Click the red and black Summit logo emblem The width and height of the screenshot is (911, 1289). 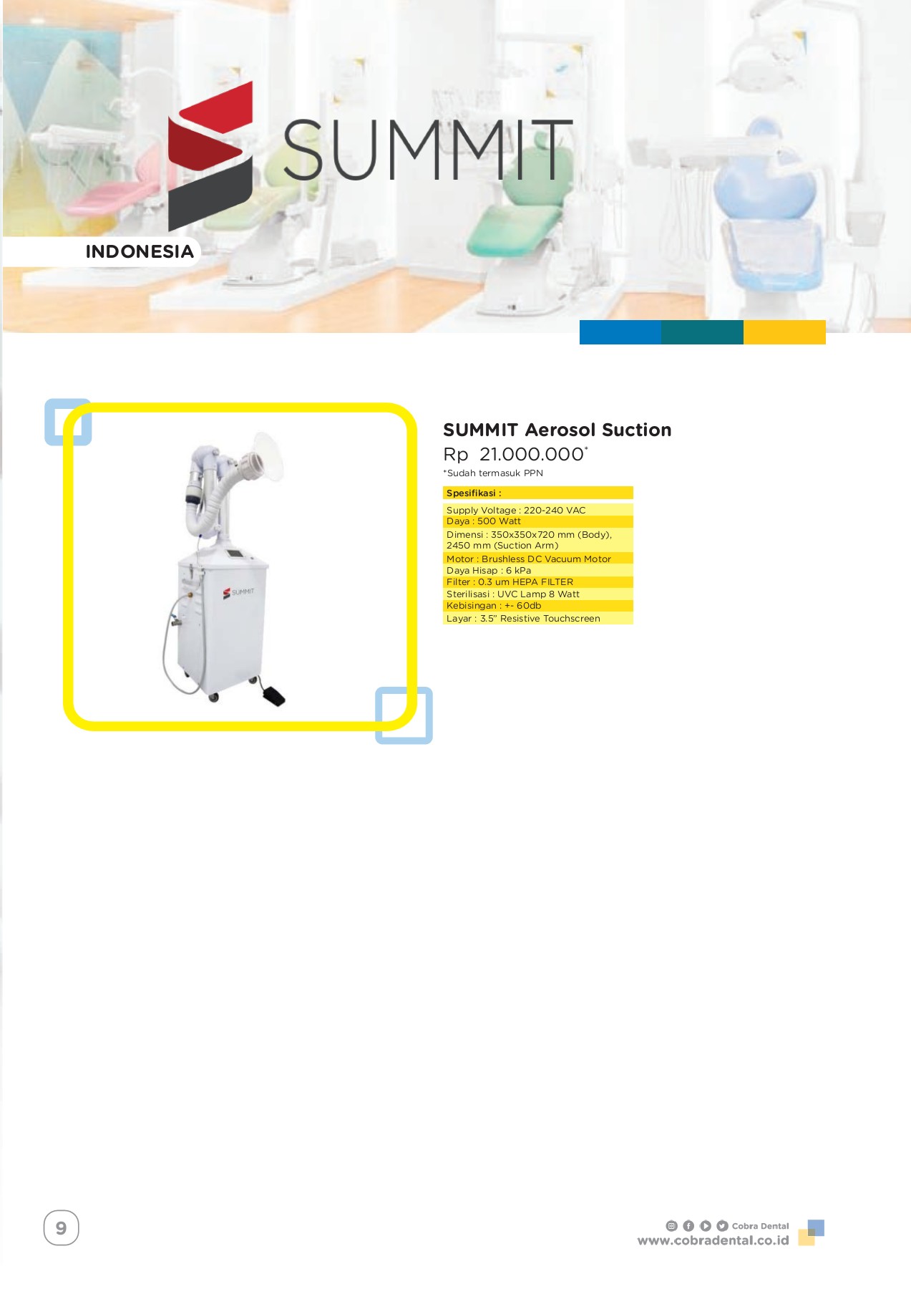pyautogui.click(x=210, y=157)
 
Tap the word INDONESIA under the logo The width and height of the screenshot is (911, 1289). pyautogui.click(x=140, y=251)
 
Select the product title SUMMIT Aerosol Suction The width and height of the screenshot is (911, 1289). pyautogui.click(x=557, y=430)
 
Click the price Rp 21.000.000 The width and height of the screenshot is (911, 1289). pyautogui.click(x=515, y=454)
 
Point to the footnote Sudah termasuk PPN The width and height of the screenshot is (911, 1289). pyautogui.click(x=493, y=473)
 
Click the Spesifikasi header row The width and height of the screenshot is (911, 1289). pyautogui.click(x=537, y=493)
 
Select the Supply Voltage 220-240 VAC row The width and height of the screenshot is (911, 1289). pyautogui.click(x=537, y=510)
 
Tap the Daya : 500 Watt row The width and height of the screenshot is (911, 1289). pyautogui.click(x=537, y=521)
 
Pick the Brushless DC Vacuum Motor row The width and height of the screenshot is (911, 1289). pyautogui.click(x=537, y=559)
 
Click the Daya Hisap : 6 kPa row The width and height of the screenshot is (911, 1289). pyautogui.click(x=537, y=571)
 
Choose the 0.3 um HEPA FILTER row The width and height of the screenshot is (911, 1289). pyautogui.click(x=537, y=582)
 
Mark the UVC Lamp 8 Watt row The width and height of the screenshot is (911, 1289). pyautogui.click(x=537, y=594)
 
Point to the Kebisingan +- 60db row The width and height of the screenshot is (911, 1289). pyautogui.click(x=537, y=606)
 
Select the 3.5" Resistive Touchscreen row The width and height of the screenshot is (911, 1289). pyautogui.click(x=537, y=619)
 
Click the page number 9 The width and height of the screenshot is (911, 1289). pyautogui.click(x=61, y=1228)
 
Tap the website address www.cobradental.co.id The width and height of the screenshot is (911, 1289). pyautogui.click(x=713, y=1240)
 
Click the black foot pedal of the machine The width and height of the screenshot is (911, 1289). pyautogui.click(x=273, y=696)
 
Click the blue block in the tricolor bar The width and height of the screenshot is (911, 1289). pyautogui.click(x=620, y=332)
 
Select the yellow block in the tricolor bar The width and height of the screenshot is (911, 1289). pyautogui.click(x=784, y=332)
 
